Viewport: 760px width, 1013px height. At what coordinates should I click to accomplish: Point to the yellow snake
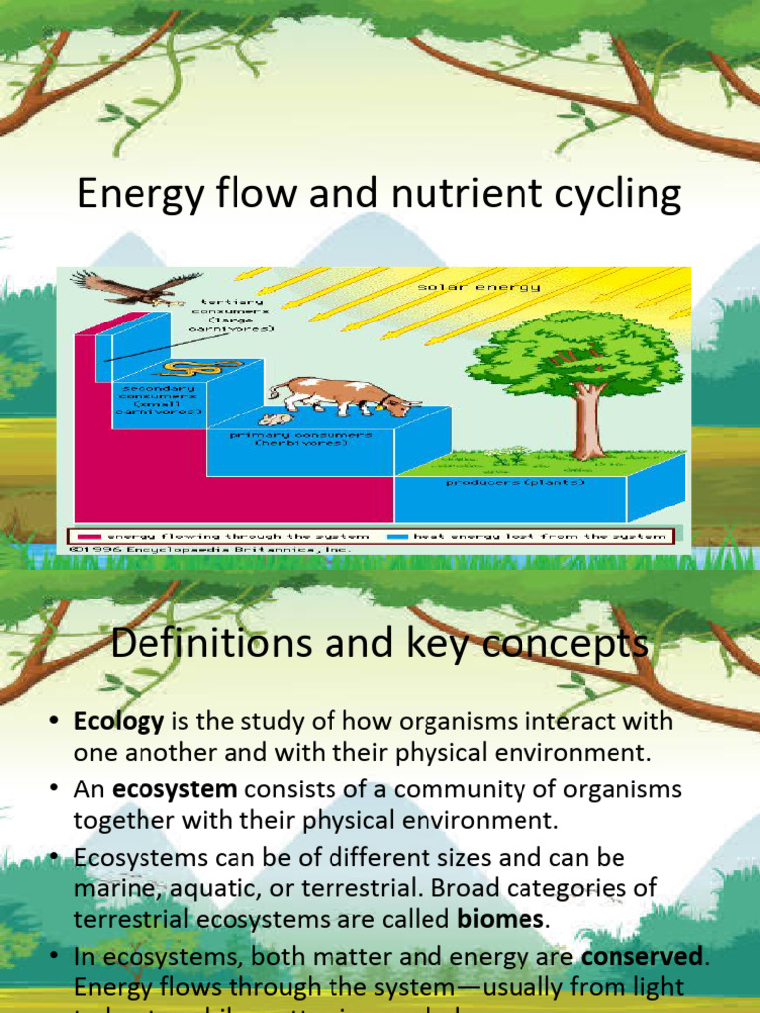click(190, 368)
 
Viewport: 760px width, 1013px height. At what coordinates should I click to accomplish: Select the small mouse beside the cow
click(276, 419)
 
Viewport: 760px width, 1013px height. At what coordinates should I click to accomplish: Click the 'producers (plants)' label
click(529, 483)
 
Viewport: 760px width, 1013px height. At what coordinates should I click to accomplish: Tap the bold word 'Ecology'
click(119, 722)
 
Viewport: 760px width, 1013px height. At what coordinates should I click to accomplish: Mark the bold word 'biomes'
click(500, 918)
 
